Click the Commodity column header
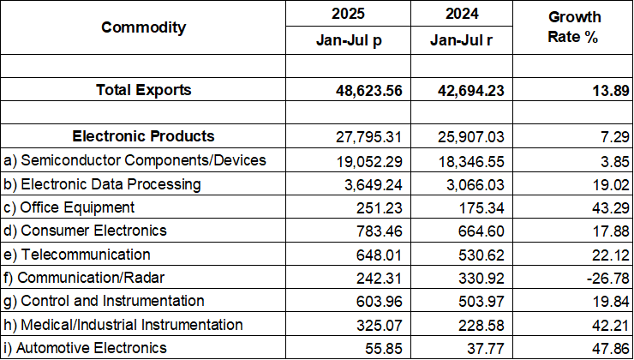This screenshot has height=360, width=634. click(x=143, y=27)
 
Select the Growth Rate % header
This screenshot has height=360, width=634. click(x=574, y=27)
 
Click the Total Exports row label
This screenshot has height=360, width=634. click(x=143, y=90)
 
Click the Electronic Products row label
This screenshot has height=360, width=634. click(x=143, y=136)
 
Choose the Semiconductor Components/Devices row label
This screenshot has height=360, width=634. click(x=135, y=160)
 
